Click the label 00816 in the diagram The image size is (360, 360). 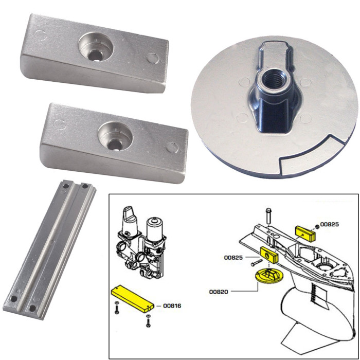[x=172, y=306]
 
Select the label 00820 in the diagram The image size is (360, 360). [x=219, y=292]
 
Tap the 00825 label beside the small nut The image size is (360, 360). [x=329, y=225]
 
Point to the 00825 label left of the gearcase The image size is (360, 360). [x=233, y=257]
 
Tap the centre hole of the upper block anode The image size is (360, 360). [x=95, y=53]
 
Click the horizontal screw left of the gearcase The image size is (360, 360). [x=253, y=263]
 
